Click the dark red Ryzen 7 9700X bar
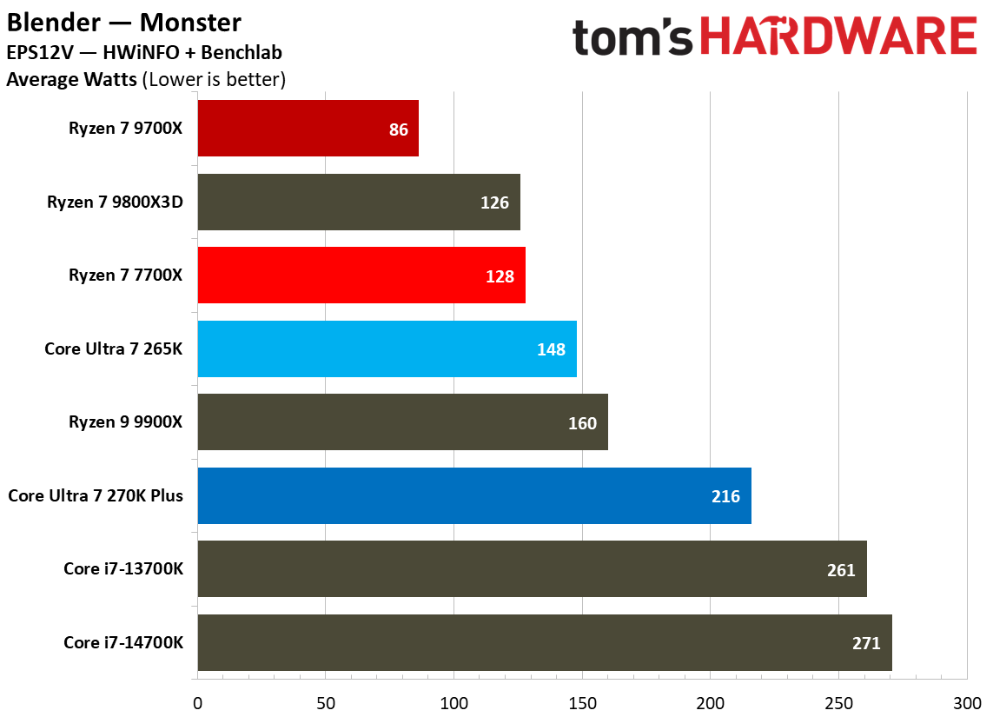click(x=308, y=128)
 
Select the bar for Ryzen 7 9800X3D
click(x=358, y=202)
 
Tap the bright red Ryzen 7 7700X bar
click(x=361, y=275)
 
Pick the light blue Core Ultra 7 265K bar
click(x=387, y=349)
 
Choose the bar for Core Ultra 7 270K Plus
click(x=473, y=495)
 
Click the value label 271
click(x=866, y=643)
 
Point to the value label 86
click(x=399, y=129)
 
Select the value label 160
click(x=582, y=423)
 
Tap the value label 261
click(x=841, y=570)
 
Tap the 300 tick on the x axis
click(x=966, y=702)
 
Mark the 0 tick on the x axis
click(x=198, y=702)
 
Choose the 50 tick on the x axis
click(x=326, y=702)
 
